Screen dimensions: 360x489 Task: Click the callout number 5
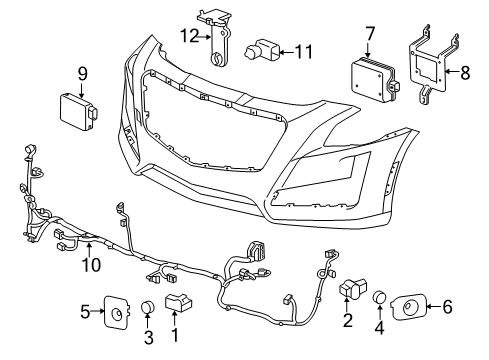click(x=86, y=311)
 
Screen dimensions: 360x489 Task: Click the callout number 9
click(x=82, y=72)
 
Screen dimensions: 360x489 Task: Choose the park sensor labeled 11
click(x=263, y=49)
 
